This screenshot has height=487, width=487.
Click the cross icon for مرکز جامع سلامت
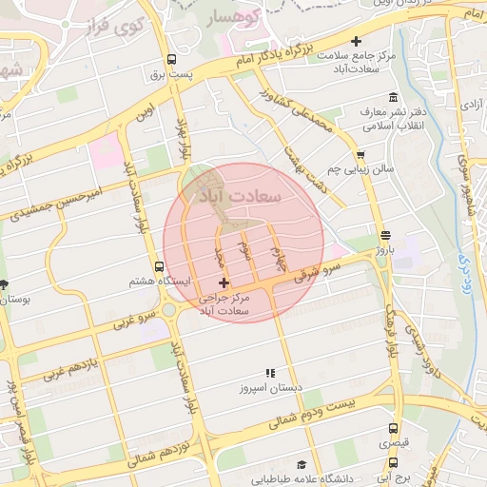357,41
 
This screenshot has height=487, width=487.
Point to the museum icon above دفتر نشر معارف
394,98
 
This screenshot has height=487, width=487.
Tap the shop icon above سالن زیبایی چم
360,155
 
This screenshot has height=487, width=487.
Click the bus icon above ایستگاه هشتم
160,267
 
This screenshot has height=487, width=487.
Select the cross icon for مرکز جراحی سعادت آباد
224,282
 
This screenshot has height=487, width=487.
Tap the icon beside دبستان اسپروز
270,373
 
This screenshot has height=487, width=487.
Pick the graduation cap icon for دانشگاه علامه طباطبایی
302,465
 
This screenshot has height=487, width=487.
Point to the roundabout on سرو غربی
171,309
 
